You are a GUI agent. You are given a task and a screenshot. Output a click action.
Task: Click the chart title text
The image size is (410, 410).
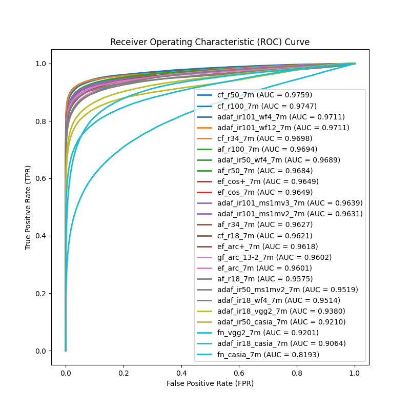pos(210,42)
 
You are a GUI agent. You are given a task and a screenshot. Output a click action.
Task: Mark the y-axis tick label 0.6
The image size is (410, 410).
pos(40,178)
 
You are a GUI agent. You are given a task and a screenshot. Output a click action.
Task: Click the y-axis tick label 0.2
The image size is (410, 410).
pos(40,293)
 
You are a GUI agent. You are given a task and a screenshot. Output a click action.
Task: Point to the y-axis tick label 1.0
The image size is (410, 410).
pos(40,64)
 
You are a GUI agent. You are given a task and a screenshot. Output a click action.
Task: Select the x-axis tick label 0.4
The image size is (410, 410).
pos(181,374)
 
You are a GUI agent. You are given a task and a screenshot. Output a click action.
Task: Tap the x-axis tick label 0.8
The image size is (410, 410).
pos(297,374)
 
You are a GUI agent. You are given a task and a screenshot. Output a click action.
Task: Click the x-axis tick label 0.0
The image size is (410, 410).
pos(66,374)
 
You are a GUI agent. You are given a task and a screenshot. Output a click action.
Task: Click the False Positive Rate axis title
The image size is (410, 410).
pos(210,383)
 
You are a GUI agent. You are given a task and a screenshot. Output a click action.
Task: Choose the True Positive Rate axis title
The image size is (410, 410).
pos(29,208)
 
